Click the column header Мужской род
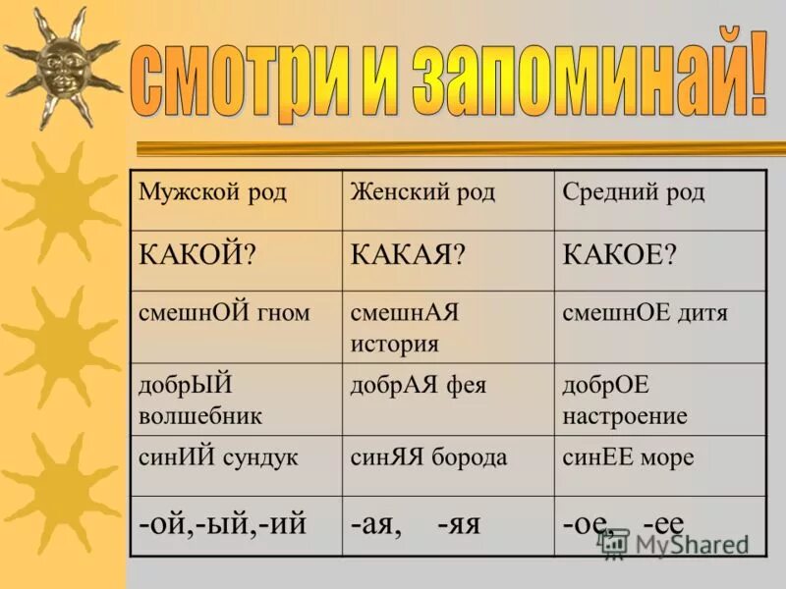click(x=212, y=191)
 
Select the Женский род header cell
click(x=422, y=191)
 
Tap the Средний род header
click(x=634, y=191)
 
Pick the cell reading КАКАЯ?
click(x=408, y=257)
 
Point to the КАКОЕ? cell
click(x=620, y=257)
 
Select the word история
click(x=394, y=344)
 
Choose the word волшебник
click(x=200, y=414)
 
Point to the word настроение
click(x=624, y=415)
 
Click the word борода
click(x=473, y=457)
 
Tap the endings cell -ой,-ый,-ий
click(x=223, y=523)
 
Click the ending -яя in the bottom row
click(x=458, y=523)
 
